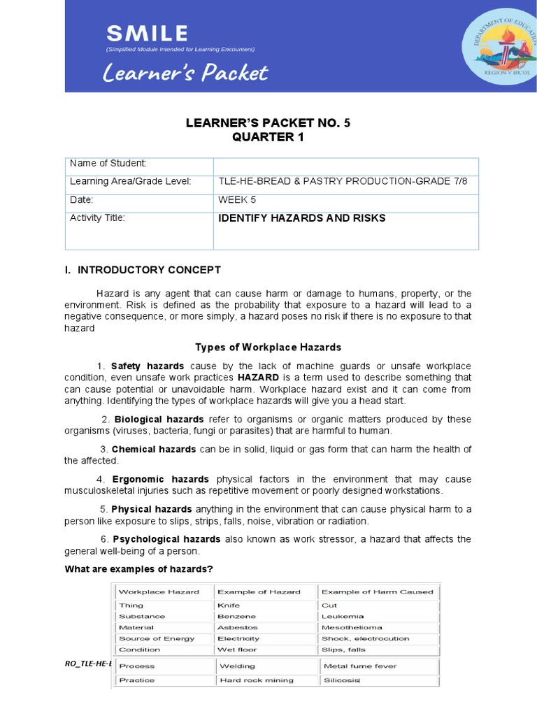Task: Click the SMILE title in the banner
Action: pyautogui.click(x=147, y=33)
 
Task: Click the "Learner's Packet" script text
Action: pyautogui.click(x=185, y=73)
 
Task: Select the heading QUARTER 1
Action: pyautogui.click(x=268, y=137)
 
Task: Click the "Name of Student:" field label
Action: pyautogui.click(x=108, y=164)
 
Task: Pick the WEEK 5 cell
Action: pyautogui.click(x=237, y=200)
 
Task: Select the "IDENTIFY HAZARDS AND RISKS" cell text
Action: pyautogui.click(x=302, y=218)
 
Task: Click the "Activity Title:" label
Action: pyautogui.click(x=97, y=218)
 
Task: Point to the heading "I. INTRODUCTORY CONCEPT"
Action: pyautogui.click(x=143, y=270)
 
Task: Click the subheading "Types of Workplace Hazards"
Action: pyautogui.click(x=268, y=348)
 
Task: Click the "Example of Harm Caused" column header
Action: pyautogui.click(x=377, y=592)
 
